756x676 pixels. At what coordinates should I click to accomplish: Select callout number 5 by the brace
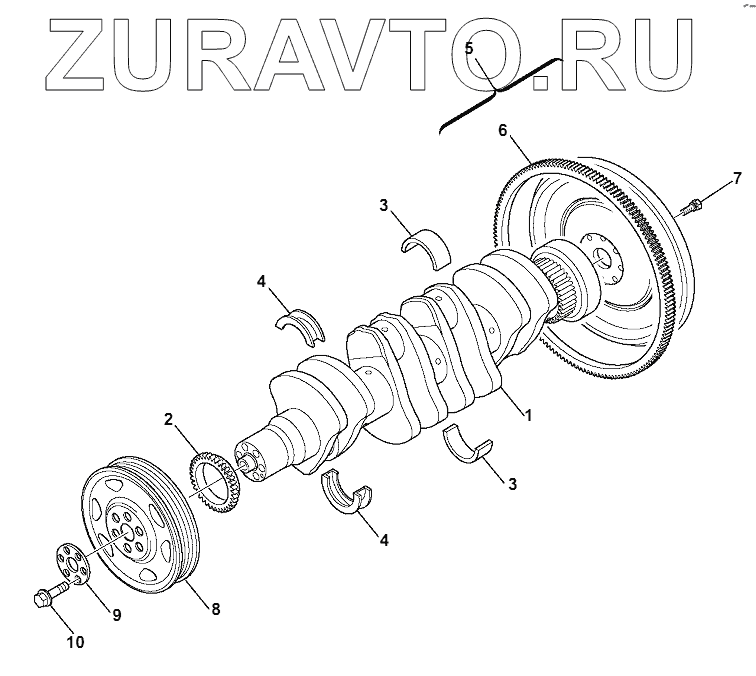pyautogui.click(x=470, y=46)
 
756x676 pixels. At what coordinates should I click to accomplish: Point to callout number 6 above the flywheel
pyautogui.click(x=503, y=129)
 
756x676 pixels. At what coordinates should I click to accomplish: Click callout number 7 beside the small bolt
pyautogui.click(x=737, y=179)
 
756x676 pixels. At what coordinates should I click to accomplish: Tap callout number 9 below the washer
pyautogui.click(x=116, y=615)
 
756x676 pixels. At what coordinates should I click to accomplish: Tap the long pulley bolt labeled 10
pyautogui.click(x=48, y=597)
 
